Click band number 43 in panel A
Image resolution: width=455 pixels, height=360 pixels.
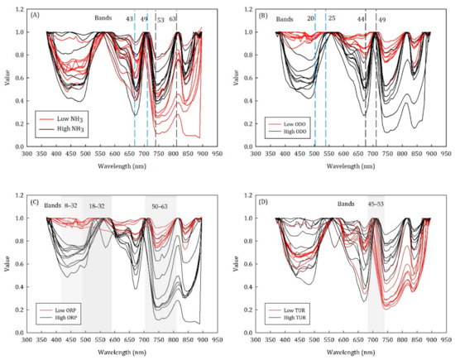coord(129,17)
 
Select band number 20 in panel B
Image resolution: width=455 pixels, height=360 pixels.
coord(310,17)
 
